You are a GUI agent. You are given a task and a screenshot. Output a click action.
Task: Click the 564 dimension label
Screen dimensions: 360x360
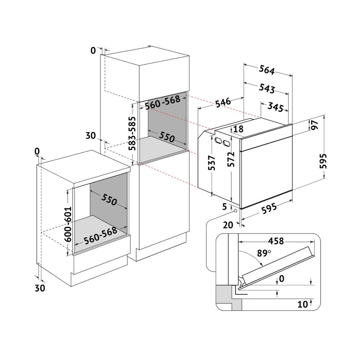click(x=267, y=70)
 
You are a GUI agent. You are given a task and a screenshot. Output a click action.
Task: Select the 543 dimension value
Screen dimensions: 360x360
click(x=267, y=89)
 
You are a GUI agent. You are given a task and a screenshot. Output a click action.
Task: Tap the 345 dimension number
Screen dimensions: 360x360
click(x=275, y=107)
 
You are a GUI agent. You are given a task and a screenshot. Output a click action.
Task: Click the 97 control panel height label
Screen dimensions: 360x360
click(x=315, y=125)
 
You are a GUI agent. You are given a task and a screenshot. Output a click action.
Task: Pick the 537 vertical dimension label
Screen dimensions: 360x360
click(x=212, y=163)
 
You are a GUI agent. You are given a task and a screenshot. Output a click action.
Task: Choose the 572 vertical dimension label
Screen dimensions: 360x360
click(x=231, y=159)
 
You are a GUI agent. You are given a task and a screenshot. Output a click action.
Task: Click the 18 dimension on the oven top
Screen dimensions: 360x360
click(x=238, y=129)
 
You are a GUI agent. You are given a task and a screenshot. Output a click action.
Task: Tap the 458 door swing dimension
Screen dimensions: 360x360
click(x=276, y=241)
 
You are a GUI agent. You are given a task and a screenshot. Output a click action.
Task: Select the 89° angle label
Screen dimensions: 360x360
click(x=264, y=253)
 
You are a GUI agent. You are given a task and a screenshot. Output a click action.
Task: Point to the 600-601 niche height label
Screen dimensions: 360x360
click(x=68, y=224)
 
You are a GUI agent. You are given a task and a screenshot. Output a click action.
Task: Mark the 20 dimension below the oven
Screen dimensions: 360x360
click(x=228, y=225)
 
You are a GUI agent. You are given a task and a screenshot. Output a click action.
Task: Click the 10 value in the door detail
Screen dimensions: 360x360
click(x=303, y=304)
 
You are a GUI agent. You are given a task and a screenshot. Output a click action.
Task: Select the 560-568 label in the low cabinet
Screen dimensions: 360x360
click(x=100, y=236)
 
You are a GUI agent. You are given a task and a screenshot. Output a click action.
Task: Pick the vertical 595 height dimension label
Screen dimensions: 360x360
click(x=323, y=161)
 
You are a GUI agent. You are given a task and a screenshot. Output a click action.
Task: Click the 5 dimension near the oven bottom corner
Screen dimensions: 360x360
click(x=225, y=206)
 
